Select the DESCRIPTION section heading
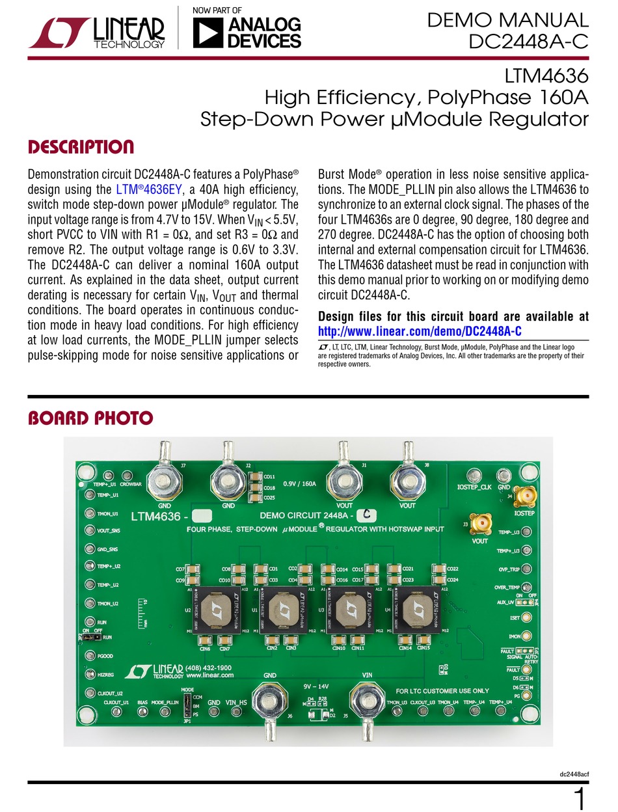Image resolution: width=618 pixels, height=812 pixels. [x=81, y=147]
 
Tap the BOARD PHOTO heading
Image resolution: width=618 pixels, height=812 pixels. [x=90, y=418]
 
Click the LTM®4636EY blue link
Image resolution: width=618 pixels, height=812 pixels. [x=142, y=189]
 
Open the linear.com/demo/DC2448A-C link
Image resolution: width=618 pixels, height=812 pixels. [x=420, y=332]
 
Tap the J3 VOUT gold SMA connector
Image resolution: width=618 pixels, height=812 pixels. [x=481, y=523]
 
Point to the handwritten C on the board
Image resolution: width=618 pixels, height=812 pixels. [x=366, y=515]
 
